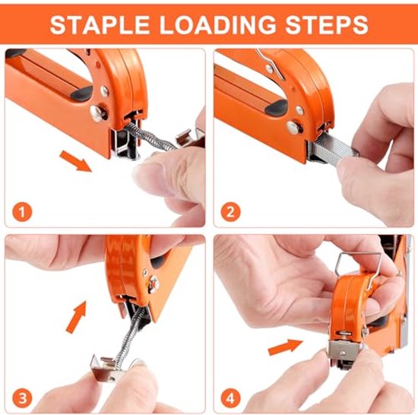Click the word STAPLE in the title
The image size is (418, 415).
click(x=100, y=24)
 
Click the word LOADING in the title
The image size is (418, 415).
click(x=218, y=24)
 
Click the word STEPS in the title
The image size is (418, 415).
click(x=327, y=24)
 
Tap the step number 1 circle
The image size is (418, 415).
click(x=22, y=212)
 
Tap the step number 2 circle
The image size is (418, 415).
click(x=230, y=212)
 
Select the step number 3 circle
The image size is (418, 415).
click(x=22, y=399)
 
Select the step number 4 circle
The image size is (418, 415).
click(x=230, y=399)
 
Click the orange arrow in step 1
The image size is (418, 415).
click(x=75, y=161)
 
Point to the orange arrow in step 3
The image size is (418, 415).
click(x=77, y=316)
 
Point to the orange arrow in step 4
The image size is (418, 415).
click(x=286, y=347)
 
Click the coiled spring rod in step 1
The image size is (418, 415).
click(x=150, y=137)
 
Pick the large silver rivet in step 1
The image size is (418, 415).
click(x=97, y=112)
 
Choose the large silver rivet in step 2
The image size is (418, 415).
click(x=294, y=127)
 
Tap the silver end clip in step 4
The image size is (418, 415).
click(x=344, y=350)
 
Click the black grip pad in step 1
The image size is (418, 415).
click(x=81, y=93)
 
